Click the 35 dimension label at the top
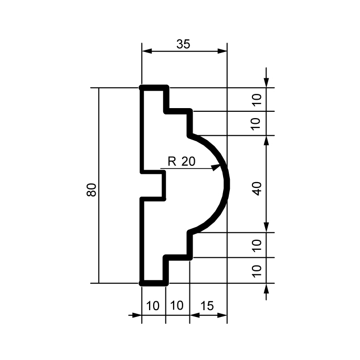tap(183, 44)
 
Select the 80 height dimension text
tap(91, 189)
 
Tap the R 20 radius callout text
tap(182, 161)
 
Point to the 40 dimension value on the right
tap(257, 188)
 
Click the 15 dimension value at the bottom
tap(207, 305)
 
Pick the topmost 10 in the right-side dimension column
tap(257, 100)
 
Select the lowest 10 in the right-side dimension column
tap(257, 271)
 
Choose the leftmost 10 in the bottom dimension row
tap(153, 305)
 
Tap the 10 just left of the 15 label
tap(177, 305)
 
